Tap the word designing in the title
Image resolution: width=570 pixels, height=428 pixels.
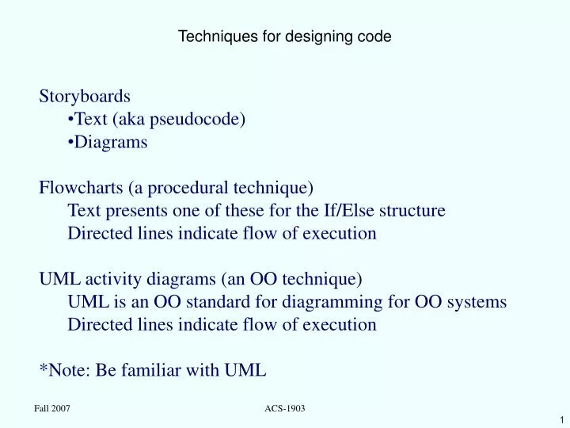point(301,36)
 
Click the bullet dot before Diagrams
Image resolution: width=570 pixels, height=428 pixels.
point(71,143)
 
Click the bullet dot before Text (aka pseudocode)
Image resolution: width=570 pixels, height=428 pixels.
point(71,120)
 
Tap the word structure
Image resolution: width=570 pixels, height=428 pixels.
point(414,212)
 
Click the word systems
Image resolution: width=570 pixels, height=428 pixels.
point(478,302)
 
